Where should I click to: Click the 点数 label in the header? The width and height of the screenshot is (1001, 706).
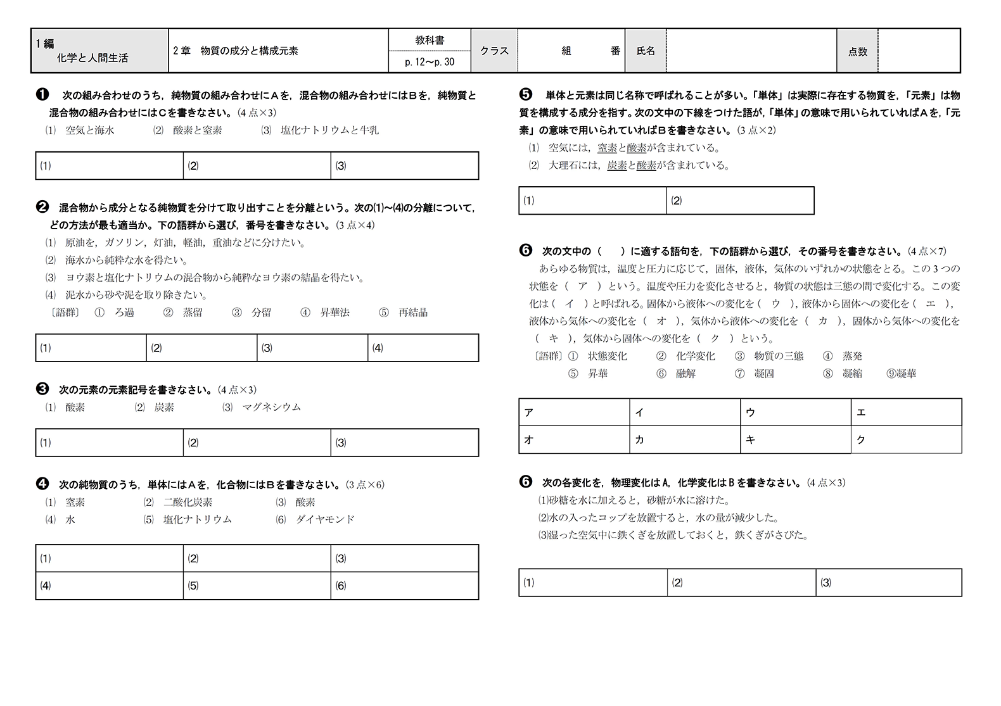[857, 52]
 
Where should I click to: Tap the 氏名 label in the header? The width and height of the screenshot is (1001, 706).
[646, 51]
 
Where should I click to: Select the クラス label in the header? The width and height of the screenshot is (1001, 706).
[494, 51]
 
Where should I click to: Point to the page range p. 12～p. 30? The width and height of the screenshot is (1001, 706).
[430, 62]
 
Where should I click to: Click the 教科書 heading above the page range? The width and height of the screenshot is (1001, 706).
[430, 40]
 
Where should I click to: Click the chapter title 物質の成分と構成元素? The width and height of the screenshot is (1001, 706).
[249, 51]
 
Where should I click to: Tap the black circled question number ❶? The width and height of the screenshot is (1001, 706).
[42, 95]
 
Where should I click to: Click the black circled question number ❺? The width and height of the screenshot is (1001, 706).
[525, 95]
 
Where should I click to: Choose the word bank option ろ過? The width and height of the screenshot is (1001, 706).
[124, 312]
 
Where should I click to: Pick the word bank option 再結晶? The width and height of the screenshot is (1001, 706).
[413, 312]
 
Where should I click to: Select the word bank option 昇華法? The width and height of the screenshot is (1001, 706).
[335, 312]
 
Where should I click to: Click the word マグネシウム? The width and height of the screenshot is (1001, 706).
[271, 407]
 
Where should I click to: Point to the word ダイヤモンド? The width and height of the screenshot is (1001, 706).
[325, 519]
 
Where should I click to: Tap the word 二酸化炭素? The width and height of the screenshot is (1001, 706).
[188, 502]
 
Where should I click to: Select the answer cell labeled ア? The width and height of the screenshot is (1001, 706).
[573, 412]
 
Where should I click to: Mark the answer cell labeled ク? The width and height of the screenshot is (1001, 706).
[906, 439]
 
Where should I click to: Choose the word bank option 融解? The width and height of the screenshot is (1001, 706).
[685, 374]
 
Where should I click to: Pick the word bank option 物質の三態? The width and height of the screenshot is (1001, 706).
[779, 356]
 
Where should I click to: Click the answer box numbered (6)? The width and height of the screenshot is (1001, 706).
[404, 586]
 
